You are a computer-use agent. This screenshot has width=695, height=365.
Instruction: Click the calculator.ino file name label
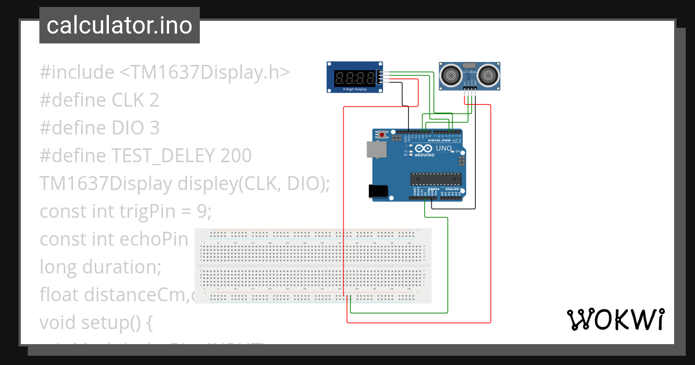tap(119, 25)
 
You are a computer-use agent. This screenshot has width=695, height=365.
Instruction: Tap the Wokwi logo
tap(614, 320)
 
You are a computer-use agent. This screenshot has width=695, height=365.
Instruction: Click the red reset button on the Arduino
tap(382, 135)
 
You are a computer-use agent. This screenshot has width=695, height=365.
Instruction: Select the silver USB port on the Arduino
tap(377, 149)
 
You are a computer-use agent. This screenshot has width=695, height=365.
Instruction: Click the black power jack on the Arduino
tap(378, 191)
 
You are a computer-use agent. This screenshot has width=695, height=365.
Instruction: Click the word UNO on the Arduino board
tap(444, 148)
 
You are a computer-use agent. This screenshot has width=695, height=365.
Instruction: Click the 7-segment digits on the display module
tap(353, 77)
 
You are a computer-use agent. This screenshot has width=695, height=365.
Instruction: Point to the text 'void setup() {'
tap(96, 322)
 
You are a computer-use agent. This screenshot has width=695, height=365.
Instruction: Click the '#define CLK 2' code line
tap(99, 100)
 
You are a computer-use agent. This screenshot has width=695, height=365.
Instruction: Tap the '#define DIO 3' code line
tap(99, 127)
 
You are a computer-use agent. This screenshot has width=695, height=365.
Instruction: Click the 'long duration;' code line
tap(100, 267)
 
